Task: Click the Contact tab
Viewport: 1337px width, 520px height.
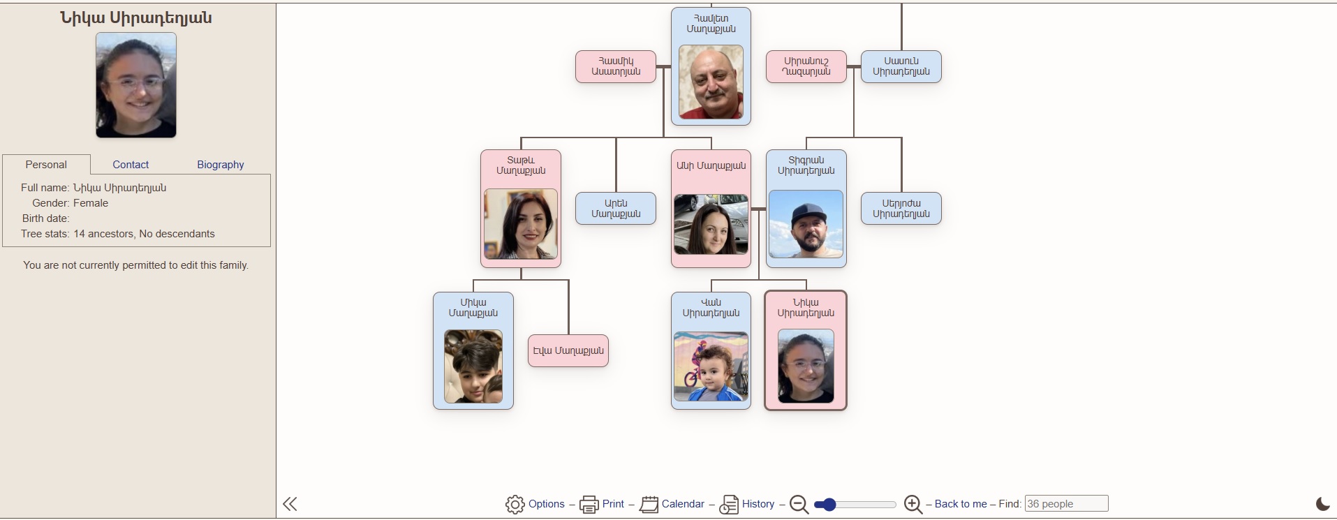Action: [131, 165]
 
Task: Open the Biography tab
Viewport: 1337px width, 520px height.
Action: [220, 165]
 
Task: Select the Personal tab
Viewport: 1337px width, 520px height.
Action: [46, 165]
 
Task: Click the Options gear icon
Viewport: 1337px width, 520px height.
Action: [515, 504]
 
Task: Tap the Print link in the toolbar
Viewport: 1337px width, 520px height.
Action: [613, 504]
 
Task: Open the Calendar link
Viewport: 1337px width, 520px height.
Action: [682, 504]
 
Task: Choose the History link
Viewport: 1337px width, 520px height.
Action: [758, 504]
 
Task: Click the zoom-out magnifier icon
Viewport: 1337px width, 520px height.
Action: [799, 504]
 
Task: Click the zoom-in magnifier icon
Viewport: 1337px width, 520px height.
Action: [913, 504]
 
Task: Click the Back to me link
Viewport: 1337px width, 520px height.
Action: [960, 504]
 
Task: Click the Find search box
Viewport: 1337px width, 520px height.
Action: [1065, 503]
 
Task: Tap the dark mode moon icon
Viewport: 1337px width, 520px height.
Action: [1322, 504]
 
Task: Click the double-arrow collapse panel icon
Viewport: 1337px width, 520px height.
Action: [290, 504]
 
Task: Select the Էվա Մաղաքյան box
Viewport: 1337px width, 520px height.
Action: [568, 350]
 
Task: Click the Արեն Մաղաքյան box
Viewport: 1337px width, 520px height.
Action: [616, 209]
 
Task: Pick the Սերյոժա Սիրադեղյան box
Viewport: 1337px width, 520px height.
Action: [901, 209]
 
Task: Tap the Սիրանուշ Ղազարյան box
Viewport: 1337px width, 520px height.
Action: [806, 66]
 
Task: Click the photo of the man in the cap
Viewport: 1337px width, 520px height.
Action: [806, 225]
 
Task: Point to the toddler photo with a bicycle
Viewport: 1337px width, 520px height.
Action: [711, 366]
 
